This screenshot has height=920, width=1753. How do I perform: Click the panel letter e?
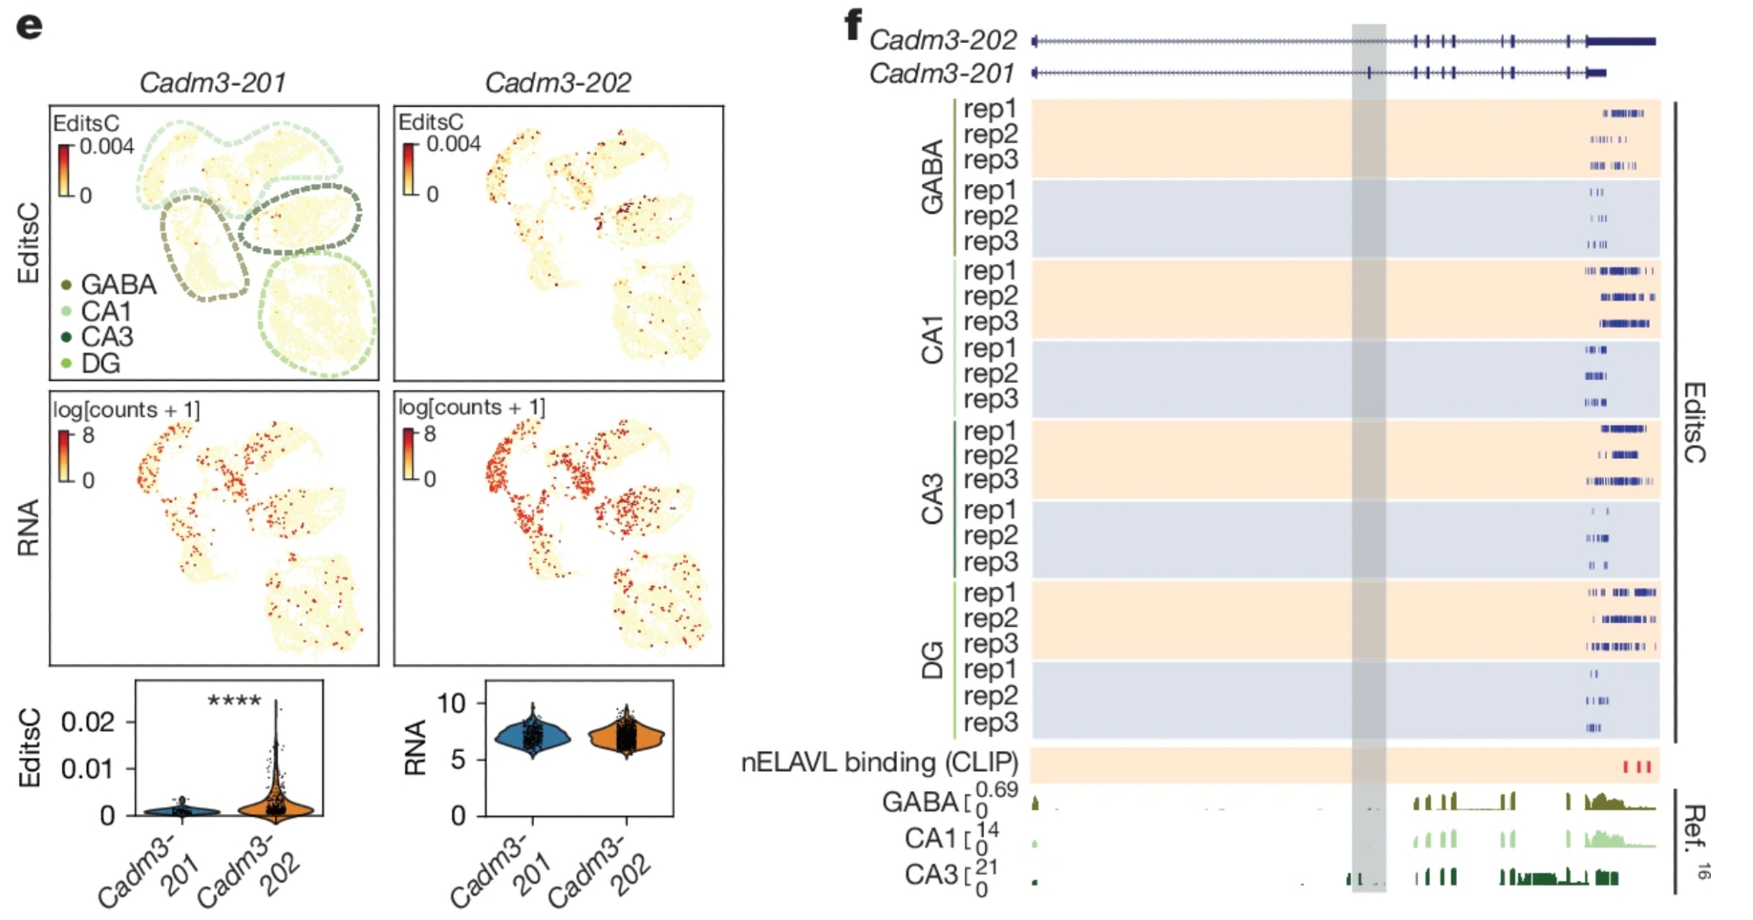point(29,26)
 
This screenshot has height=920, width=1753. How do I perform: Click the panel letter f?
point(853,25)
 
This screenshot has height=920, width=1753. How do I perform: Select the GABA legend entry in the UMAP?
point(109,285)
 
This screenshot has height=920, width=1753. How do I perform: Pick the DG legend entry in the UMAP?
point(91,364)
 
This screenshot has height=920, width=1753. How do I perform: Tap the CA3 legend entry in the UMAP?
point(97,337)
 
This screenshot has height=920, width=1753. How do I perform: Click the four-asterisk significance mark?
point(234,701)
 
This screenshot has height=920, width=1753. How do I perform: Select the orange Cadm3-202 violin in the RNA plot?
point(626,736)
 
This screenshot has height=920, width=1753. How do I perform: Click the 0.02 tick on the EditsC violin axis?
point(88,722)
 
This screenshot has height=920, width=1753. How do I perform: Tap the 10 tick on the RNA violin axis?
point(451,703)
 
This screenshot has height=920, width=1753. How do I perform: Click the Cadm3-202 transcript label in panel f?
point(942,40)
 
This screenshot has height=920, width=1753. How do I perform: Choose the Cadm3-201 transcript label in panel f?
point(941,74)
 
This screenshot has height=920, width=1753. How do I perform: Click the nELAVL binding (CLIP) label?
point(879,762)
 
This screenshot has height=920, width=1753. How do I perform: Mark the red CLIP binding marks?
point(1636,767)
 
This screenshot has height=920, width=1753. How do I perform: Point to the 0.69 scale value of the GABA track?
point(997,790)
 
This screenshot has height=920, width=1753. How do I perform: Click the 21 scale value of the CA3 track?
point(987,867)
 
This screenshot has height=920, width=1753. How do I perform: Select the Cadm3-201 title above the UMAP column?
point(213,82)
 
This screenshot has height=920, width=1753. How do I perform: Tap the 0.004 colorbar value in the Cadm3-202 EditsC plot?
point(453,144)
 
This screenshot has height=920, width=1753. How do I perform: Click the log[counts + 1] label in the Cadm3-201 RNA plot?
point(126,410)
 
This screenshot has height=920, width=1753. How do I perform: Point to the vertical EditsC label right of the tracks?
point(1693,422)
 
